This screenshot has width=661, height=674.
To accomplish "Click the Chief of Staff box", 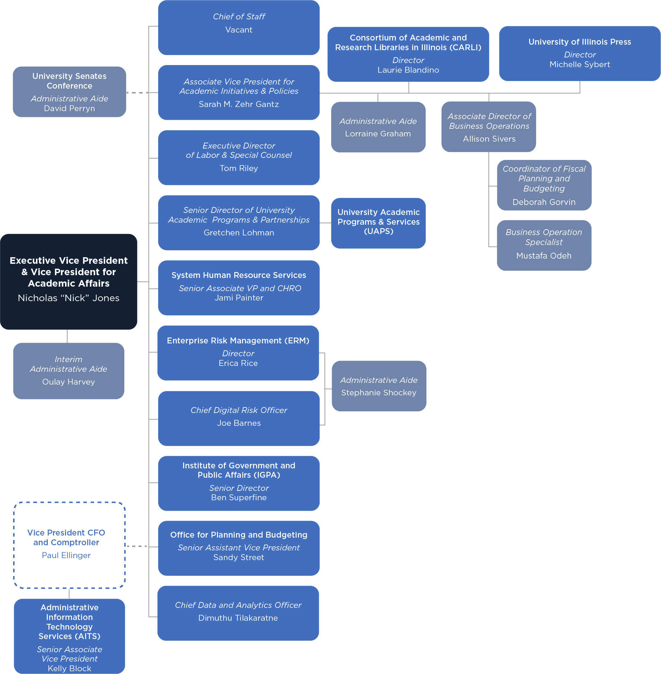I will [238, 27].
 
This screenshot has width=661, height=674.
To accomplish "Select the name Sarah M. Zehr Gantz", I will [238, 104].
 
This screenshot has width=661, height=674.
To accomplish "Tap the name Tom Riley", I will [238, 168].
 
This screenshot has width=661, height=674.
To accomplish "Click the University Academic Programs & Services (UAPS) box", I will [378, 223].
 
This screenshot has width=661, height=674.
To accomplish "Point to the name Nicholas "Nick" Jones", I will [69, 298].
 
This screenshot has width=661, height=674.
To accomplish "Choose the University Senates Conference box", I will [70, 92].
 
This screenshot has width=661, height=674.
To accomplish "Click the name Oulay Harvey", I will [69, 381].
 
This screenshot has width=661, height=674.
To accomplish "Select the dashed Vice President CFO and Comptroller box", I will [69, 545].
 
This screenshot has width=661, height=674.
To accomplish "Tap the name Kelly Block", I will [70, 668].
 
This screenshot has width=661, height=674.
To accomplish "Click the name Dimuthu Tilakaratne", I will [238, 618].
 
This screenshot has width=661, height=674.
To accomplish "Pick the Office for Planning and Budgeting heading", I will [238, 535].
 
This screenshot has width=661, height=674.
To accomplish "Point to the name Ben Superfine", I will [238, 497].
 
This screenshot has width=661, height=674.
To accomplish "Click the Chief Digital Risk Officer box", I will [238, 418].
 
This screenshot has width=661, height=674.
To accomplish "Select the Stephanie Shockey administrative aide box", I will [379, 386].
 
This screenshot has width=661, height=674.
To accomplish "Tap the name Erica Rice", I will [238, 363].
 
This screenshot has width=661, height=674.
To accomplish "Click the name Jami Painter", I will [238, 298].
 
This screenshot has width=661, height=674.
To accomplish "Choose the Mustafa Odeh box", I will [544, 245].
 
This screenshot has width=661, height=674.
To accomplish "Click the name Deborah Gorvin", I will [544, 202].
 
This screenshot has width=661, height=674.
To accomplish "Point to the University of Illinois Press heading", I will [579, 42].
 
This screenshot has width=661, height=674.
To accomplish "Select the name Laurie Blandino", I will [408, 70].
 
